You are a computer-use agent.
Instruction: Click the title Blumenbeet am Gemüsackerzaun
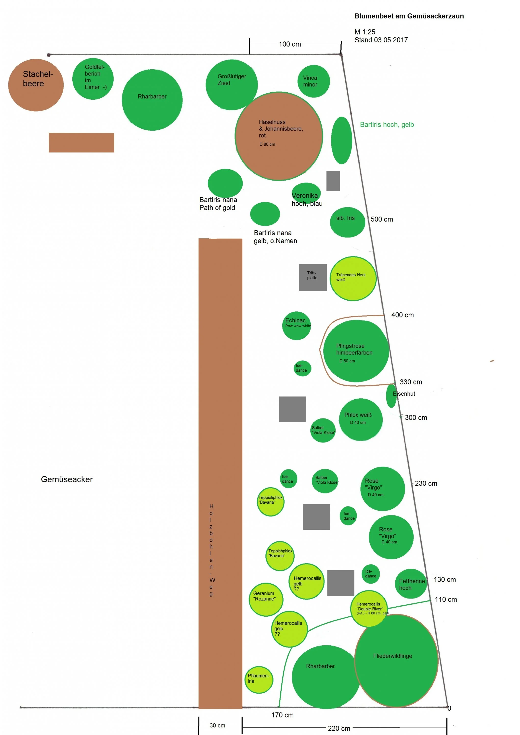409,16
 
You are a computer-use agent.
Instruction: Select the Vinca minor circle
314,81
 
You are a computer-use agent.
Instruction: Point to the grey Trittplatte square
313,277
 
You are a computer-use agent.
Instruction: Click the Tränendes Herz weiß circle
353,279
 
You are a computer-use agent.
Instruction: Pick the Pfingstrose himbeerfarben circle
356,351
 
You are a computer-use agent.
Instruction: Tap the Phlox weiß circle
361,419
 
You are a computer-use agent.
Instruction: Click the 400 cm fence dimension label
403,315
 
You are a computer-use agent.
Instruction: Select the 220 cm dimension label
339,728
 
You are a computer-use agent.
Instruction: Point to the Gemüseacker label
67,479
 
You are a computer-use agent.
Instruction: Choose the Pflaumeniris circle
259,680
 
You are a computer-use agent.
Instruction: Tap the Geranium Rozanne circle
266,599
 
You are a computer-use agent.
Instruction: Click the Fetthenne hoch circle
411,584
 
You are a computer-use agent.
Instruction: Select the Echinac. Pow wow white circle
296,326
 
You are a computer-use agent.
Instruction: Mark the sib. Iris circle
347,222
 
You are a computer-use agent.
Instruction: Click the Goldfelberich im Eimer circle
93,79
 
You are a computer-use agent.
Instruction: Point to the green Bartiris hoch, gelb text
387,124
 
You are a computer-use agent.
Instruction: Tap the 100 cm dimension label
290,44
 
